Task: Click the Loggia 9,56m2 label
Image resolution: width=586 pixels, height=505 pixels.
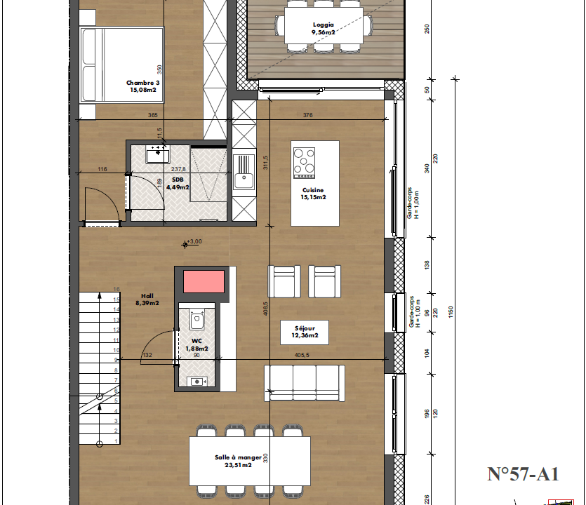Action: coord(324,28)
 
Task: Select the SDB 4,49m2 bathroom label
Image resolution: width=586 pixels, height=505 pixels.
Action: coord(178,183)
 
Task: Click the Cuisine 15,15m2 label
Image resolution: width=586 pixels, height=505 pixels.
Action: coord(313,194)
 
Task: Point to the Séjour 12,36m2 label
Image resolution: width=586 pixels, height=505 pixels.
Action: coord(305,332)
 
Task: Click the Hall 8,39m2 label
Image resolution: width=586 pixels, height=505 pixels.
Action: coord(147,299)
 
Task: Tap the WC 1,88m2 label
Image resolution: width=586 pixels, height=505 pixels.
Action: coord(197,345)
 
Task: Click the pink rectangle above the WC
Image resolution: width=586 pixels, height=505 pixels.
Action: coord(204,282)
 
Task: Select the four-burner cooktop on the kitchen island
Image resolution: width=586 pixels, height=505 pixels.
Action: coord(304,163)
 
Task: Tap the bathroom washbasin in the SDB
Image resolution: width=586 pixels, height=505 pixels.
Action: coord(158,154)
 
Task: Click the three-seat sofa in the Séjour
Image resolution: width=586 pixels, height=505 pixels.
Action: coord(304,383)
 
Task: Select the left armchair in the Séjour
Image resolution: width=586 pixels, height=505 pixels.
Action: coord(284,281)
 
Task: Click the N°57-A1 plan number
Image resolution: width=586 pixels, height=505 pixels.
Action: coord(523,474)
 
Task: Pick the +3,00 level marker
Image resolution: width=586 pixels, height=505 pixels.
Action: coord(192,243)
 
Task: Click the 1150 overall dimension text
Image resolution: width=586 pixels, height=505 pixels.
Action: coord(451,312)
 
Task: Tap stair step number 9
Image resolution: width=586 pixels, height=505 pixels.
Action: coord(116,360)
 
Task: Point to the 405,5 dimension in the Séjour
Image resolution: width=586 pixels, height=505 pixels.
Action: coord(302,355)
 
